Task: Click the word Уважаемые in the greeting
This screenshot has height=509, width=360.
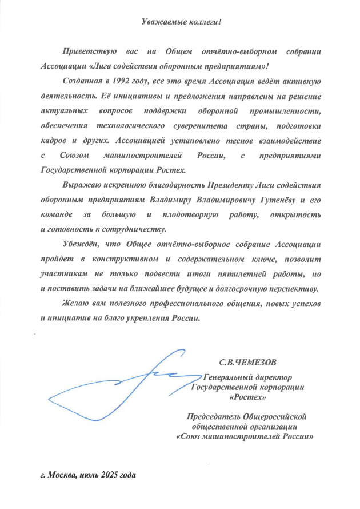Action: coord(161,22)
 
